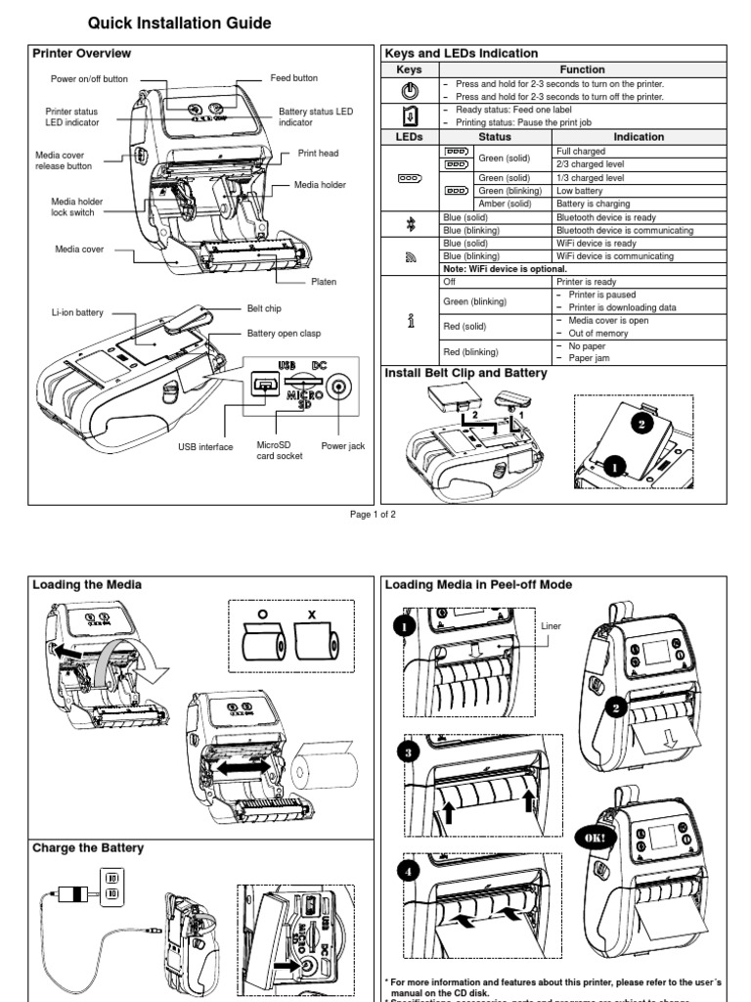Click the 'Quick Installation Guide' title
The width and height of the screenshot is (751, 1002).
point(180,23)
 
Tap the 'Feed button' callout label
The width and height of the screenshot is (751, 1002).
point(293,77)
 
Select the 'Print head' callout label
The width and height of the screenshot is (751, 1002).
point(318,154)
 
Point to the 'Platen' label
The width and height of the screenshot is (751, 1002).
point(324,282)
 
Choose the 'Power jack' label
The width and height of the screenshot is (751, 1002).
point(342,446)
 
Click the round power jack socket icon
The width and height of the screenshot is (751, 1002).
point(339,388)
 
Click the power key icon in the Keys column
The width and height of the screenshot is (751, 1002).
point(409,91)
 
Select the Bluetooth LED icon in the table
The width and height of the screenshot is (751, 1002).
point(409,223)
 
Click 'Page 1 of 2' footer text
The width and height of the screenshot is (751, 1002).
point(373,514)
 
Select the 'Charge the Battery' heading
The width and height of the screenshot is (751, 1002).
point(88,847)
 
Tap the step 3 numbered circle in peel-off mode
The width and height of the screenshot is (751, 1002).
point(409,753)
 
